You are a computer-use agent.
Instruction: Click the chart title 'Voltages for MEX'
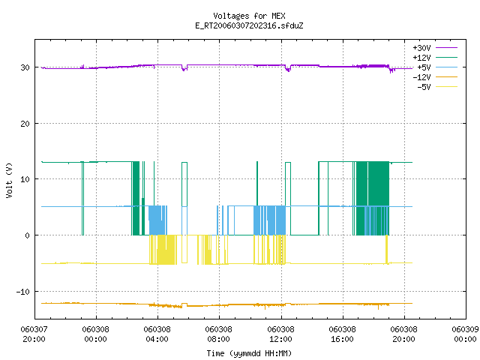point(249,16)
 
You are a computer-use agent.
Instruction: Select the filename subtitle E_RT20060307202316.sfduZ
point(249,25)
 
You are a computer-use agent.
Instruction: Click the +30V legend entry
point(435,48)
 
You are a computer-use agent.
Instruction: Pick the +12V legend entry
point(435,58)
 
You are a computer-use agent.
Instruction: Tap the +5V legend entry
point(437,67)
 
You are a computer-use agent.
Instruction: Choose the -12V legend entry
point(435,77)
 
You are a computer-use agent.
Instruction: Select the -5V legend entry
point(437,87)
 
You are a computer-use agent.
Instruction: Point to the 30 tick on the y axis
point(25,67)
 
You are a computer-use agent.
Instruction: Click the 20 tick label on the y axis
point(25,124)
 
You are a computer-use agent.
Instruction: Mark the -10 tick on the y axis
point(23,292)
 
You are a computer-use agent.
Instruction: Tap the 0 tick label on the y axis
point(28,235)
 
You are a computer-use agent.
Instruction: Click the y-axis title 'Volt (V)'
point(9,180)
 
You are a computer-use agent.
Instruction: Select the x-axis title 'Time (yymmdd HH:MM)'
point(249,353)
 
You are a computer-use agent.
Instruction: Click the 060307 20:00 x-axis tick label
point(34,334)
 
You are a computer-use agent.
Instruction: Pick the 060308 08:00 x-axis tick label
point(218,334)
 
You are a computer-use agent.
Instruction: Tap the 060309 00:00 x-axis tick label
point(465,334)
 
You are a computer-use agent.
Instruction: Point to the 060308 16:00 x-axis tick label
point(342,334)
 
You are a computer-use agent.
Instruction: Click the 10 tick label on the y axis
point(25,179)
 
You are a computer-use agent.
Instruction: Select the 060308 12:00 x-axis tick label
point(280,334)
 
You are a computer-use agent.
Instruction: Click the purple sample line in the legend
point(447,48)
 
